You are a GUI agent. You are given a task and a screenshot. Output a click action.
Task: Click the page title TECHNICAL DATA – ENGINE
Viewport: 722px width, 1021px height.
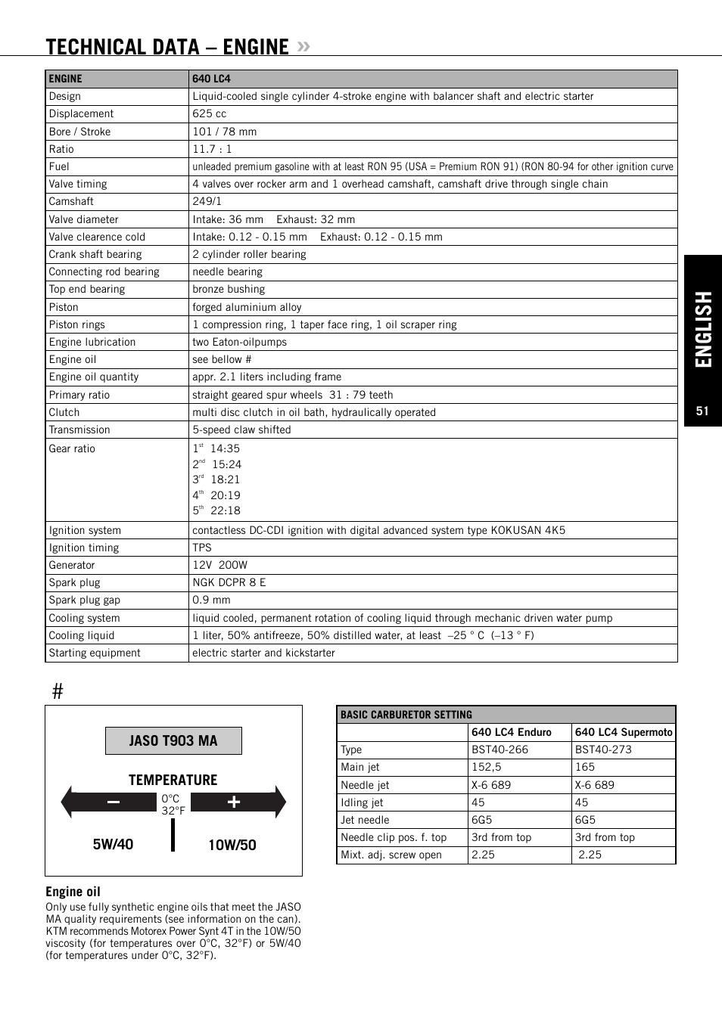click(167, 47)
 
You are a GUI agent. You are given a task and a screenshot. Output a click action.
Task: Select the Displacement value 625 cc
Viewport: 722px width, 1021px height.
click(210, 114)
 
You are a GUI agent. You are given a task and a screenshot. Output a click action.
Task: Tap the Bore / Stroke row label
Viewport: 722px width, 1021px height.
click(79, 132)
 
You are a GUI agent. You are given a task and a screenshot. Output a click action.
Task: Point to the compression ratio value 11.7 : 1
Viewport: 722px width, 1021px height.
click(212, 149)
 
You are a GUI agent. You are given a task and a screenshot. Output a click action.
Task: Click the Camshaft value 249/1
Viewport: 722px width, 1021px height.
click(207, 202)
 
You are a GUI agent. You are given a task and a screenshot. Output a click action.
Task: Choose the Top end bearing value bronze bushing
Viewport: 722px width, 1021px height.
click(229, 290)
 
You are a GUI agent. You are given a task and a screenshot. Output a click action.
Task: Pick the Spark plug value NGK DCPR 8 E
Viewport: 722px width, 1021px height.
click(229, 583)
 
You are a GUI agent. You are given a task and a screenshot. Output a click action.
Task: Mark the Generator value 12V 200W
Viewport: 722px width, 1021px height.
click(219, 565)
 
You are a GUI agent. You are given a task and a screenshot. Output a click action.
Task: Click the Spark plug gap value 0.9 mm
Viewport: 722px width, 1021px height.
click(211, 600)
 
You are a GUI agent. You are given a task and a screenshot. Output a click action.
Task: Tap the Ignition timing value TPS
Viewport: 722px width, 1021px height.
click(202, 548)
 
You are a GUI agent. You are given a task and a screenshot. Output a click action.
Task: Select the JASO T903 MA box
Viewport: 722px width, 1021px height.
click(173, 741)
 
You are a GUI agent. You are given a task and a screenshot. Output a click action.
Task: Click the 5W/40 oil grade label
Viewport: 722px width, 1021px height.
click(113, 845)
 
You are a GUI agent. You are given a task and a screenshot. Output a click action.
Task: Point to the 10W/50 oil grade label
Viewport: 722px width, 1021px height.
click(232, 846)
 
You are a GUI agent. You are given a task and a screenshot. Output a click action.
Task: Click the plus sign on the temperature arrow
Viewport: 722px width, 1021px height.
click(234, 802)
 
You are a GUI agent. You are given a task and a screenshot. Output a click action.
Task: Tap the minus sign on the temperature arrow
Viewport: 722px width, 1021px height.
click(114, 802)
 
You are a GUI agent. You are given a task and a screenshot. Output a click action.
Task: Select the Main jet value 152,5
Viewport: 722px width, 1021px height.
click(487, 768)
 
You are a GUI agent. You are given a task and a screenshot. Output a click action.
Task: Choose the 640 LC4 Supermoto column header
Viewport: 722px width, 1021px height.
click(624, 732)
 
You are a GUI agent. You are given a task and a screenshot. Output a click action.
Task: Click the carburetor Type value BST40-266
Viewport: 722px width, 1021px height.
click(499, 750)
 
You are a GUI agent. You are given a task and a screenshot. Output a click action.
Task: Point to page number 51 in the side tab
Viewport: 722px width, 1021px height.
click(702, 411)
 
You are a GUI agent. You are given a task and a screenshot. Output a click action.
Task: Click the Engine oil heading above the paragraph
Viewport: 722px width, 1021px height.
click(73, 892)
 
